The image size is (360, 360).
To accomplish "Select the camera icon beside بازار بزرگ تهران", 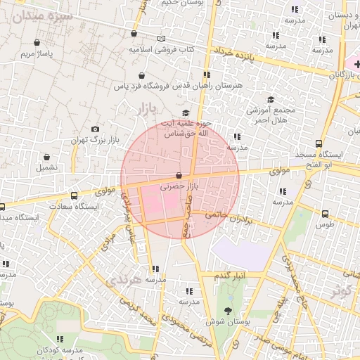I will click(x=96, y=129).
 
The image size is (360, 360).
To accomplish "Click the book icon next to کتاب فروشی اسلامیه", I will click(x=162, y=38).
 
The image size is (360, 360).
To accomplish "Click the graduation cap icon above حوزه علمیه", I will click(x=186, y=113).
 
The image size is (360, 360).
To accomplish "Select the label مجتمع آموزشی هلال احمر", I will click(x=271, y=115).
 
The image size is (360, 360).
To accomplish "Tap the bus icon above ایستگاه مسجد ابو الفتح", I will click(x=319, y=143).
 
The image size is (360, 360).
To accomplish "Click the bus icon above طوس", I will click(x=324, y=214).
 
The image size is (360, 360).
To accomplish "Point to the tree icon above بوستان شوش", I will click(x=228, y=310).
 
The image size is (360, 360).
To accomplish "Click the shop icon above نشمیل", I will click(x=47, y=157).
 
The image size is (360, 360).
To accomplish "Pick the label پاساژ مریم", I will click(x=37, y=53).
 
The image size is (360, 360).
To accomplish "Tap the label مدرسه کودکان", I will click(x=61, y=349).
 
